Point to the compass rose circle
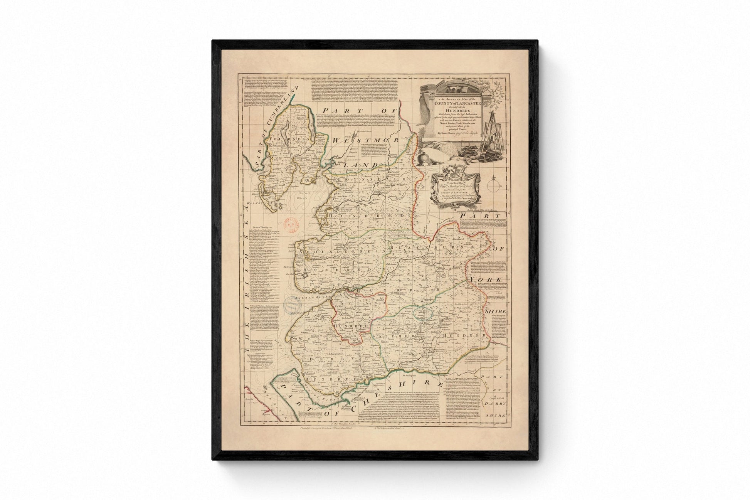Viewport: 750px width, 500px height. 493,187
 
